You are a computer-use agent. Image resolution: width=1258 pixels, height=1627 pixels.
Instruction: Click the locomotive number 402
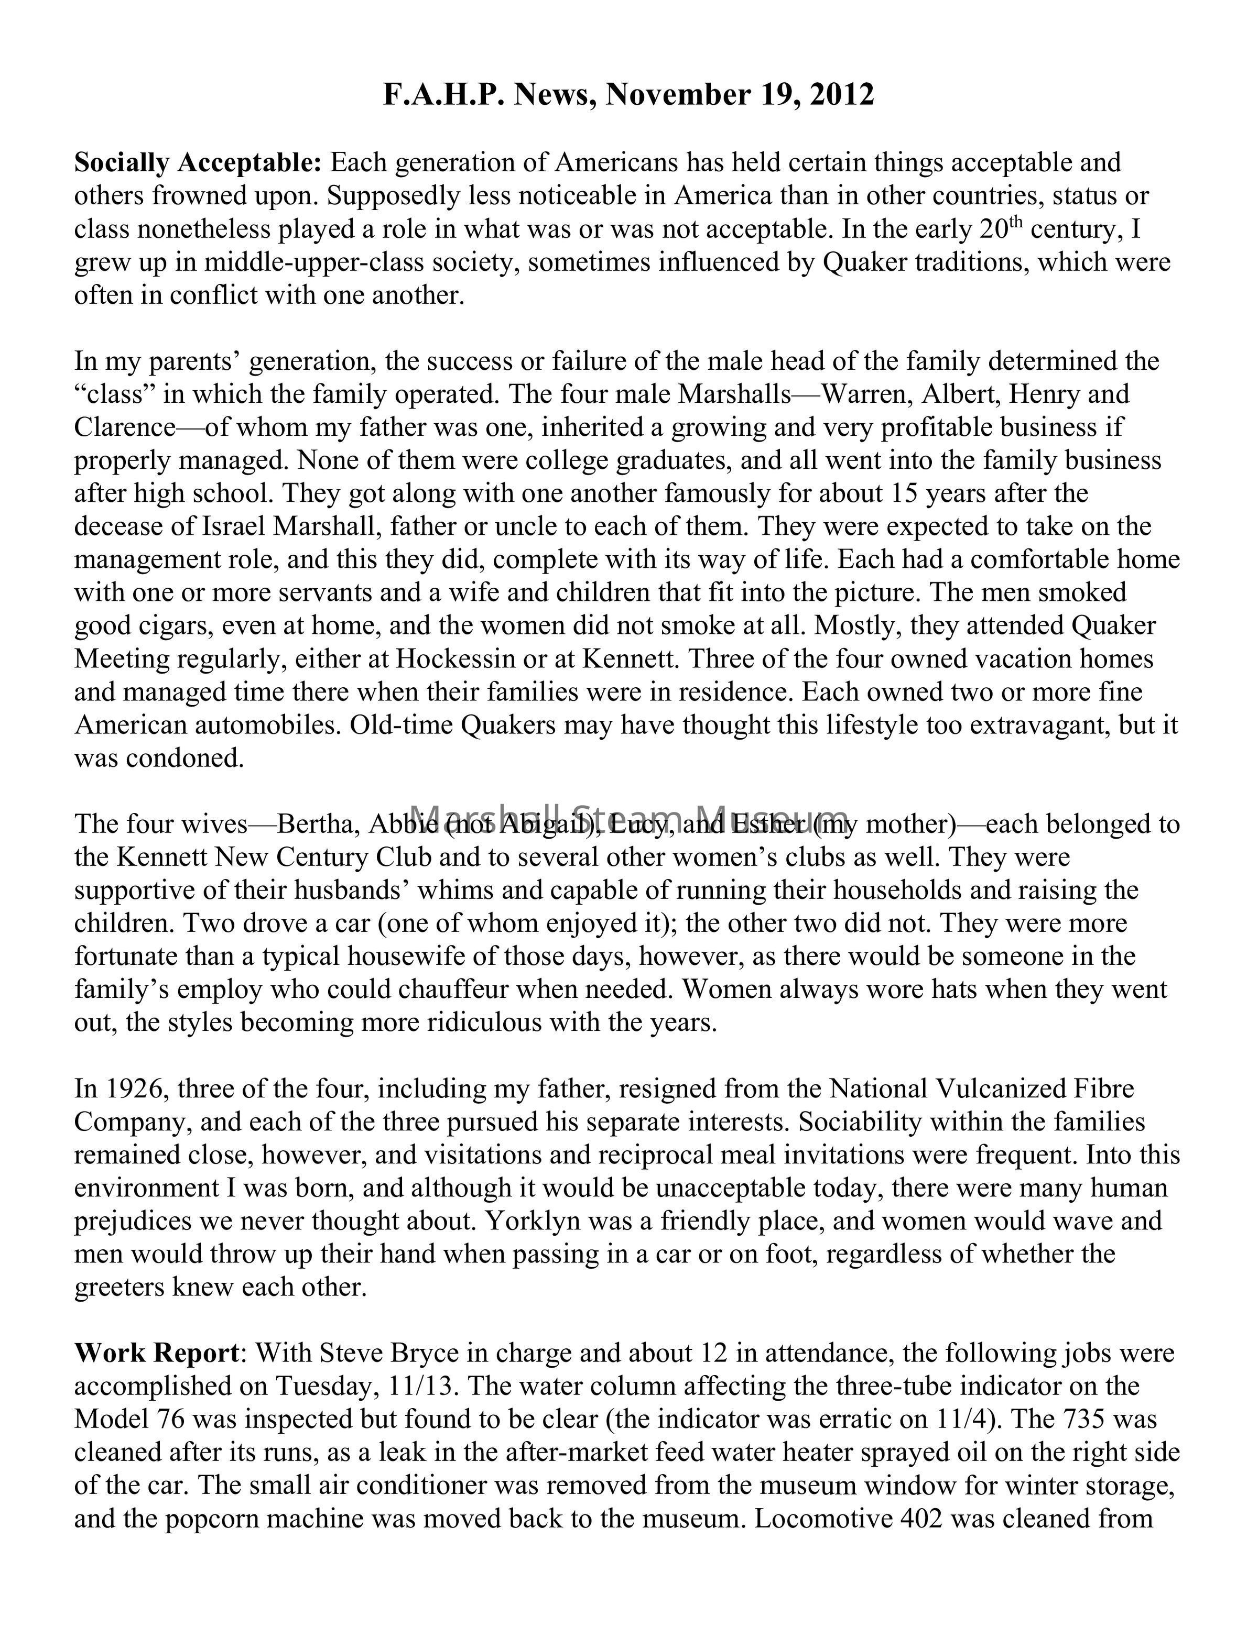pyautogui.click(x=923, y=1518)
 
